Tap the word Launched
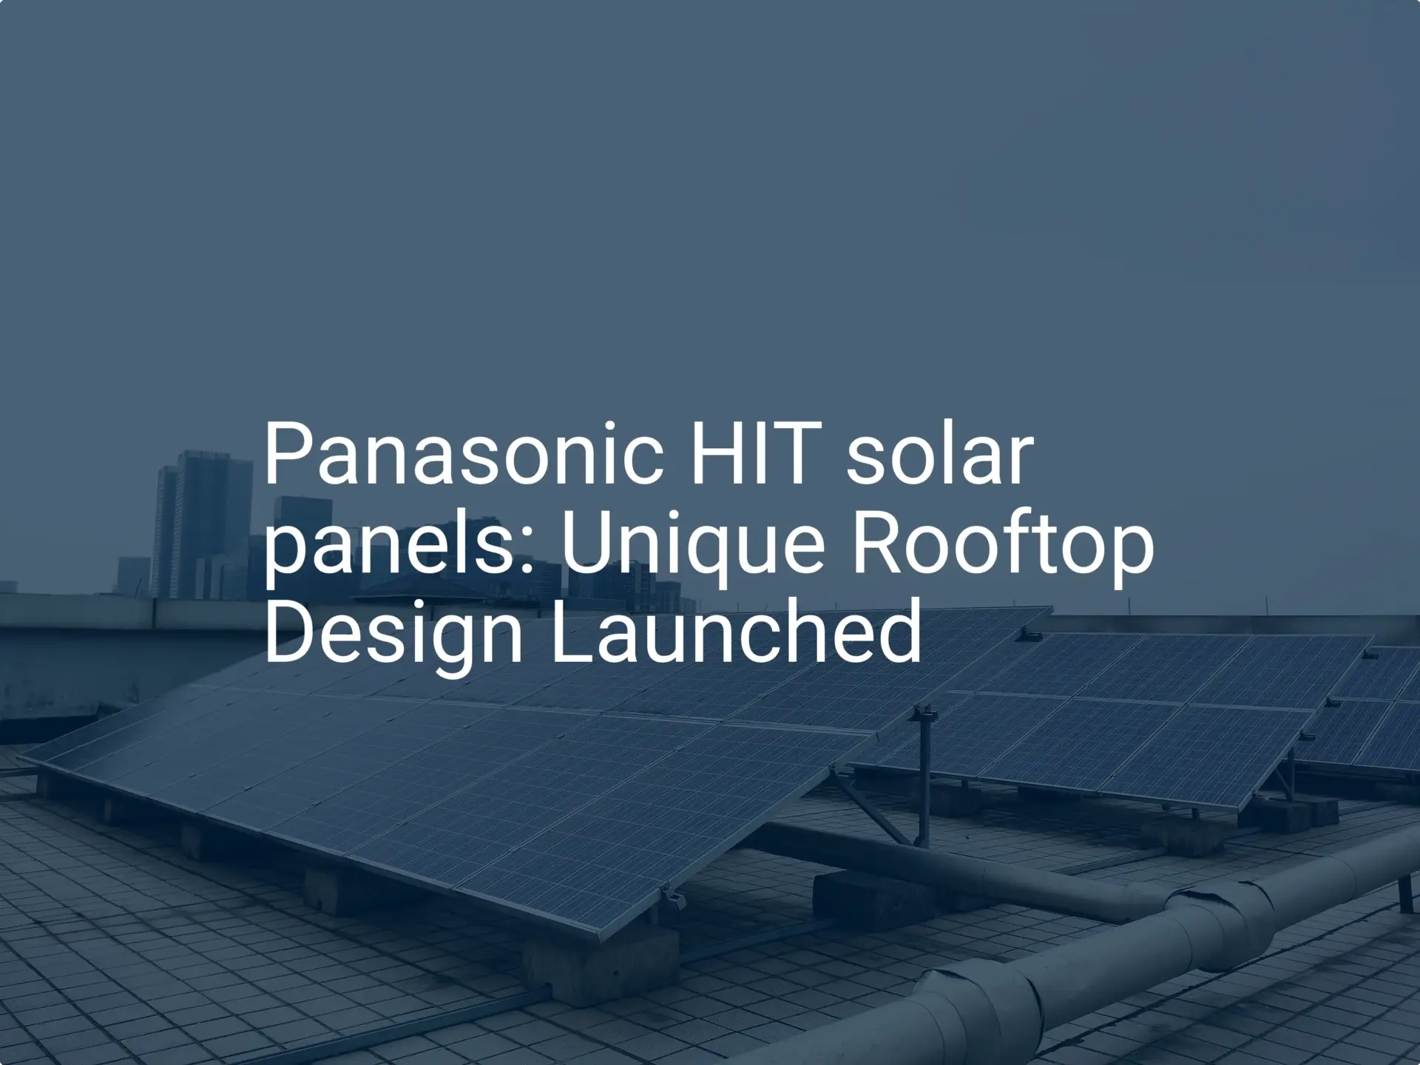coord(736,632)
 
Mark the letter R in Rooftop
coord(877,544)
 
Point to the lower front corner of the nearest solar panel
coord(601,938)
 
